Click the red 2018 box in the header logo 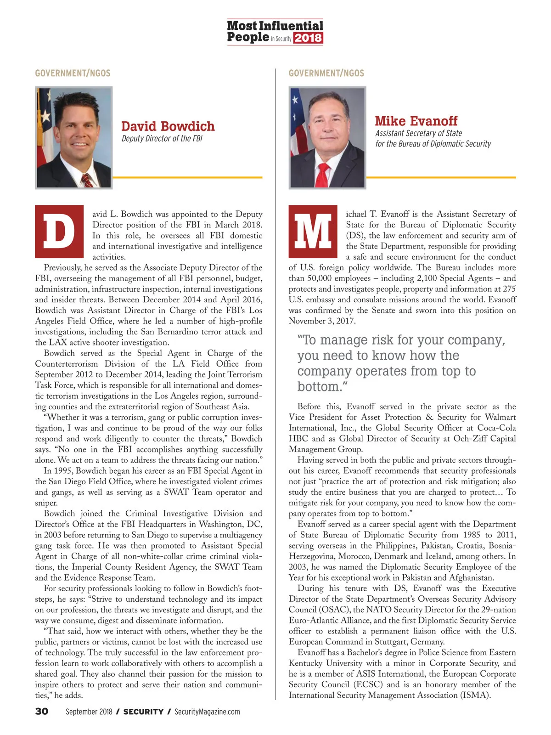(308, 38)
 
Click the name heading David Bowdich (168, 126)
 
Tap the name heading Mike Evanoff (416, 121)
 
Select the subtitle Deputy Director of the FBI (162, 139)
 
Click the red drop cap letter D (59, 232)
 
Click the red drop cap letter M (313, 232)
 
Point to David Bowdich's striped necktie (87, 181)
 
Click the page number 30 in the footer (42, 712)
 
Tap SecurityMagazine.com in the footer (207, 712)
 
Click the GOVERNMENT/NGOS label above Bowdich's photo (73, 73)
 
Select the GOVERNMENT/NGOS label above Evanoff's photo (326, 73)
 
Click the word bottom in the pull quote (319, 387)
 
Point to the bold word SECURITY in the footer (143, 712)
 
